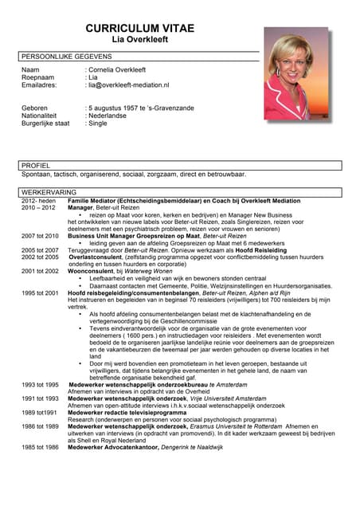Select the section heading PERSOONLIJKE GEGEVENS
click(67, 57)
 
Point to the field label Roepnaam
click(39, 77)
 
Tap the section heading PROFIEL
click(36, 165)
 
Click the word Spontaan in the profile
click(36, 174)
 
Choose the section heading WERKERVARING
click(49, 192)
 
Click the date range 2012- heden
click(40, 201)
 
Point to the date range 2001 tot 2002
click(40, 271)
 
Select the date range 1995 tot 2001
click(40, 292)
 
